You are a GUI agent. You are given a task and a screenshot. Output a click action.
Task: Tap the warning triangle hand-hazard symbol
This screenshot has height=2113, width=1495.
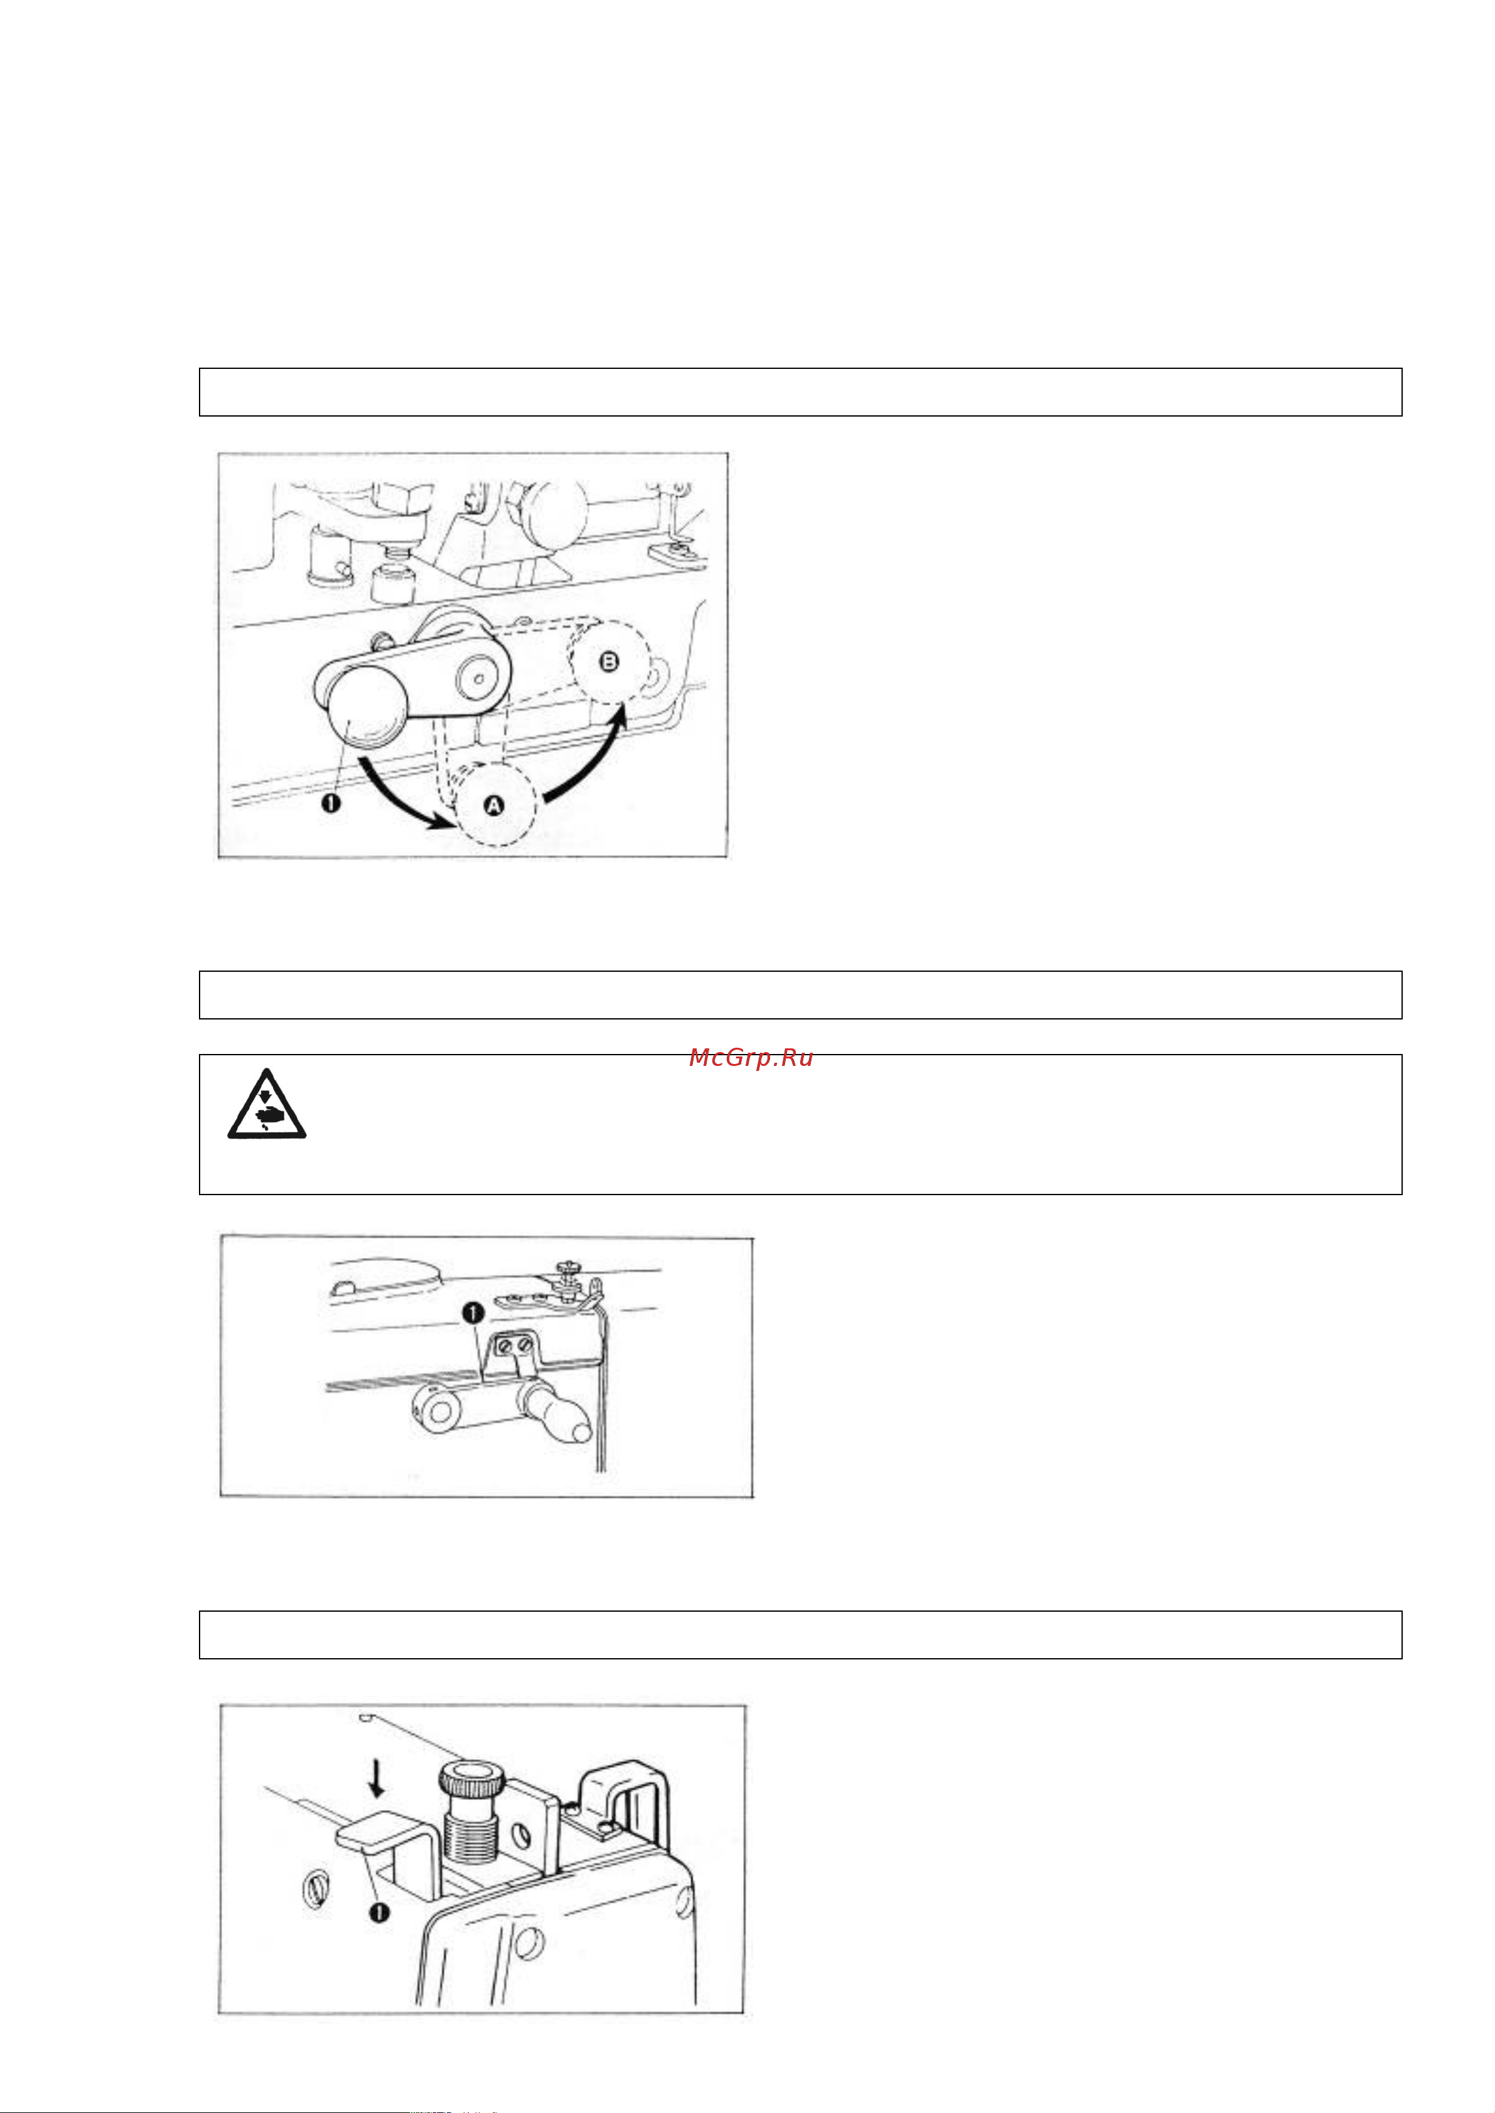[x=267, y=1104]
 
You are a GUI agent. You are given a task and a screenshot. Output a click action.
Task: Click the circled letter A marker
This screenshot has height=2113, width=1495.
[x=495, y=806]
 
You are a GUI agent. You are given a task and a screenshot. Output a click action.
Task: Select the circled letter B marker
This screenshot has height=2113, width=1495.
[x=609, y=661]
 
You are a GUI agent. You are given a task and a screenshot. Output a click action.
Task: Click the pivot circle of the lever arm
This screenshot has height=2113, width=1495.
[x=479, y=678]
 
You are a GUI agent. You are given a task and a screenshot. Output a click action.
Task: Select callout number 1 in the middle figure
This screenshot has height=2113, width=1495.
[x=473, y=1313]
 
